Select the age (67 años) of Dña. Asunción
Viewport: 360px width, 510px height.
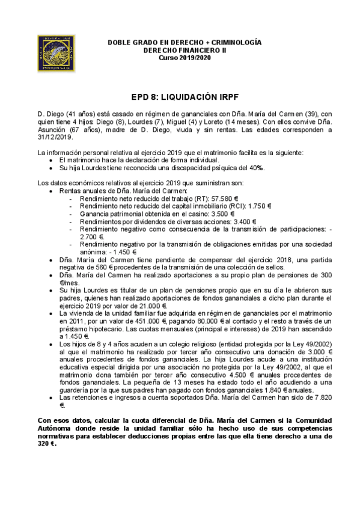click(77, 129)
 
